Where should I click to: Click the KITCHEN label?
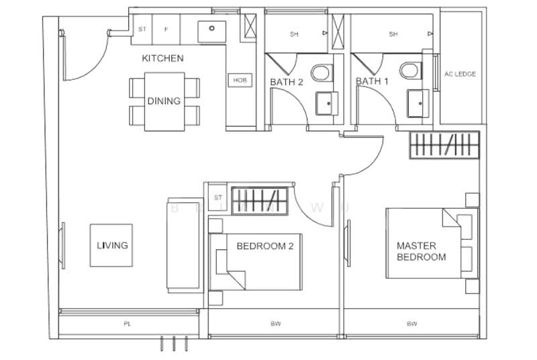(x=162, y=58)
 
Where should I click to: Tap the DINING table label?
(x=164, y=101)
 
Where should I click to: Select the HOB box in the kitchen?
(x=240, y=80)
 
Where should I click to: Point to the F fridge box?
(x=165, y=30)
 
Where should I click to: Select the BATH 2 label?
(x=287, y=82)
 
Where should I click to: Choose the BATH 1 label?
(x=372, y=82)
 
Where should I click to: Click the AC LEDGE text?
(x=460, y=74)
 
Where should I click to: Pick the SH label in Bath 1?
(x=393, y=34)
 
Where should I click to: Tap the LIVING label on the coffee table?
(x=112, y=245)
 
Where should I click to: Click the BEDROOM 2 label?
(x=264, y=246)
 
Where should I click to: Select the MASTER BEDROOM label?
(x=421, y=251)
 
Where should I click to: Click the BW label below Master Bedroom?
(x=410, y=324)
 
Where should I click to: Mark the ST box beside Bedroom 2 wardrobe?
(x=217, y=197)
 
